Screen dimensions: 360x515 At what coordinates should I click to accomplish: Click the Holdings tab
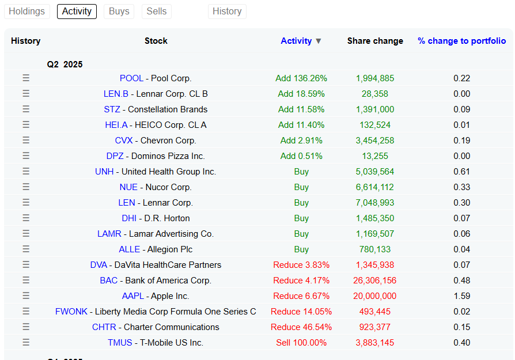(x=27, y=12)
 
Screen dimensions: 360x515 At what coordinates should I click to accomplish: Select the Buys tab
(x=119, y=12)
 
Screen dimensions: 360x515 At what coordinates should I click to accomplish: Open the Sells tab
(x=156, y=12)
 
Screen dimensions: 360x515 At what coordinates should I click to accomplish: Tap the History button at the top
(x=227, y=12)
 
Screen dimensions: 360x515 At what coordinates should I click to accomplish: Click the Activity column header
(x=296, y=41)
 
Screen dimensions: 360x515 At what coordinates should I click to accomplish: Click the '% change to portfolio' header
(x=461, y=41)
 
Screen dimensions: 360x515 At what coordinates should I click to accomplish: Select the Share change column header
(x=375, y=41)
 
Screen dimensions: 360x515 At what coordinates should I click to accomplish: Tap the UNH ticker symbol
(x=105, y=172)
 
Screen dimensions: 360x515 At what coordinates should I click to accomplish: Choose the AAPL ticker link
(x=133, y=296)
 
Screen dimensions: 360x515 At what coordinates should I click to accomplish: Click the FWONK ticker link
(x=71, y=312)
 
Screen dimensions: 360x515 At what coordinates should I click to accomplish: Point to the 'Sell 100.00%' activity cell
(x=301, y=343)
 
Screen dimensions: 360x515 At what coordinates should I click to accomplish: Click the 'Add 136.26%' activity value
(x=301, y=78)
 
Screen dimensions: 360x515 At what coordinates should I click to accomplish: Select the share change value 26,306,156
(x=375, y=281)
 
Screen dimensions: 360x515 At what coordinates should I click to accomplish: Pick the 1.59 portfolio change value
(x=461, y=296)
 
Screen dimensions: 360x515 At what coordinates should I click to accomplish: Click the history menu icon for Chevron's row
(x=26, y=141)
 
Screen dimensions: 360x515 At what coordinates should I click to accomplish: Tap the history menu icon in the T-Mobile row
(x=26, y=343)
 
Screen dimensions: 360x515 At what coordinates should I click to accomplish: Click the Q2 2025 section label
(x=65, y=65)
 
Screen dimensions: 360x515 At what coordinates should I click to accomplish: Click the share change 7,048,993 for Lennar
(x=375, y=203)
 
